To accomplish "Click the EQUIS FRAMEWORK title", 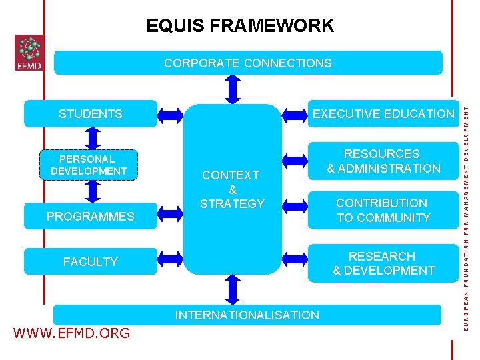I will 240,26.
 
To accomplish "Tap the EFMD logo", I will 29,53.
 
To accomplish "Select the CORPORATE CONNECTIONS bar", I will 247,63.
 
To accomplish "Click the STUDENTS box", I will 91,114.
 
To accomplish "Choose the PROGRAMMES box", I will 91,217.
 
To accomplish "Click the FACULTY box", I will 91,262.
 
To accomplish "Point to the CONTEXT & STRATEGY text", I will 233,189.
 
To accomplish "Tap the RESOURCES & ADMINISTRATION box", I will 383,161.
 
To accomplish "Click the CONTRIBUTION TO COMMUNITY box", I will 383,211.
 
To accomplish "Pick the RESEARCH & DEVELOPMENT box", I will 383,263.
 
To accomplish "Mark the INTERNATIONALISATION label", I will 247,315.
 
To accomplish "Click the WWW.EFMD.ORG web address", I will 71,333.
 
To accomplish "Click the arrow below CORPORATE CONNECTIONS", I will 233,88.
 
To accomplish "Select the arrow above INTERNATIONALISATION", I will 233,290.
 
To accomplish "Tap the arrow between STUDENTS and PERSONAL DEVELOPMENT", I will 93,137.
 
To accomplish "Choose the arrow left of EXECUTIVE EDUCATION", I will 295,114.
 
